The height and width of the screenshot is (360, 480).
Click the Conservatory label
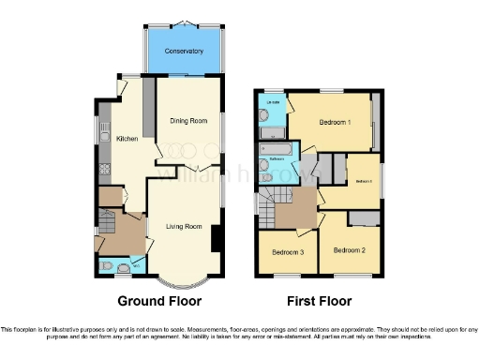[184, 51]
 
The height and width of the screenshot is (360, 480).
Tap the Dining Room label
[187, 120]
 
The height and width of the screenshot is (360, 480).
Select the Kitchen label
[127, 139]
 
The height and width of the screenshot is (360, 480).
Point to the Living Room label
[185, 227]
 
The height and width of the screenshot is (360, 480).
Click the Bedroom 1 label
[335, 123]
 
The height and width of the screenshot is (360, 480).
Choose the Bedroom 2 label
[349, 250]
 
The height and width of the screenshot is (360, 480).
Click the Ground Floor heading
[158, 302]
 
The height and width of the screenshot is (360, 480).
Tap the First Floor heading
[320, 302]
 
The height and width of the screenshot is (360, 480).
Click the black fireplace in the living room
[217, 238]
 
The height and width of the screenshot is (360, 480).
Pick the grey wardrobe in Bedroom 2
[361, 218]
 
